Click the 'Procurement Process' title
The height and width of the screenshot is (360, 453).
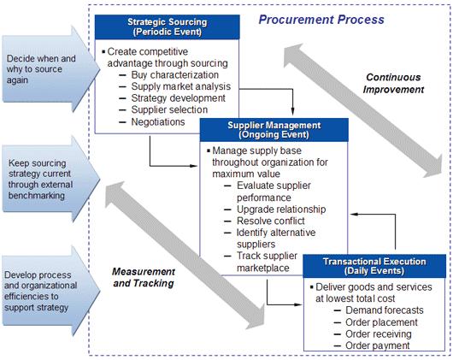click(x=321, y=20)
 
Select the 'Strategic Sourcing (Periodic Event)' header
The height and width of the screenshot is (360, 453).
click(x=168, y=27)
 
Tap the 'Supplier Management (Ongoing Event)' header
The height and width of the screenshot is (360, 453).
click(x=274, y=130)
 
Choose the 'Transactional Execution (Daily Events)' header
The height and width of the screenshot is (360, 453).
click(x=374, y=266)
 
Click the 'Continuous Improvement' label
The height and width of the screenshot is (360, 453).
click(x=393, y=83)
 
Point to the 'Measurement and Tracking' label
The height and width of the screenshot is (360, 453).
click(x=144, y=277)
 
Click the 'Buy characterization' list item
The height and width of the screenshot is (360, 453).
click(x=174, y=75)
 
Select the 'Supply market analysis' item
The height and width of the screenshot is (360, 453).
click(x=181, y=86)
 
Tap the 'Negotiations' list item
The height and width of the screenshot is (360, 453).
click(x=158, y=122)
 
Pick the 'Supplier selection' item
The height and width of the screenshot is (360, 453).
click(x=169, y=109)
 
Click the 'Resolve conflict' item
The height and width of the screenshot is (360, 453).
click(x=271, y=221)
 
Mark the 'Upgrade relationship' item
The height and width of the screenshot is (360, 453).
click(x=281, y=210)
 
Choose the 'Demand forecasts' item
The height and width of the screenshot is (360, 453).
click(x=385, y=310)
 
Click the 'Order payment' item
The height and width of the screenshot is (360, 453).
click(x=378, y=345)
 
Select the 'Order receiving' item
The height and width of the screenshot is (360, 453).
click(x=379, y=334)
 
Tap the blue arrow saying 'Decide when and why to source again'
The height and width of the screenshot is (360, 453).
click(x=50, y=69)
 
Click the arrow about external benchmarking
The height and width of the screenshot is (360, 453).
click(x=50, y=179)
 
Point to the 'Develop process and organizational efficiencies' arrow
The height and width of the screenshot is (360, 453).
click(x=50, y=291)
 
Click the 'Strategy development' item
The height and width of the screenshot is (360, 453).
click(x=179, y=98)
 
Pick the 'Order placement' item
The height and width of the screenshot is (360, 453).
click(x=381, y=322)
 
